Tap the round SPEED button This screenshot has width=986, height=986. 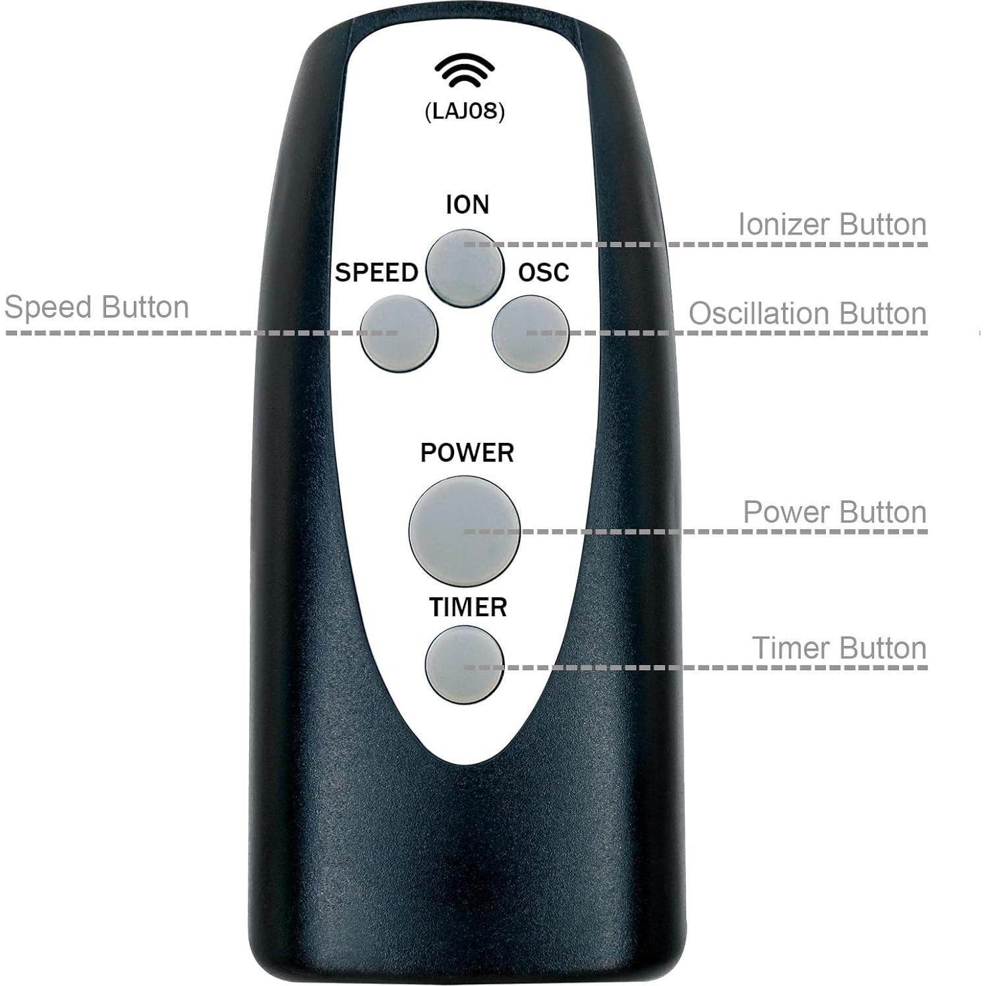(399, 333)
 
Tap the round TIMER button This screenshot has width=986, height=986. (464, 663)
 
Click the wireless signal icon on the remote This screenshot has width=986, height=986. (465, 71)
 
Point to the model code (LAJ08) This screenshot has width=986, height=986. (465, 111)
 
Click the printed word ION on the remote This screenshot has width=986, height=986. (467, 205)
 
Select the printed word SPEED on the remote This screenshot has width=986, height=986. (376, 272)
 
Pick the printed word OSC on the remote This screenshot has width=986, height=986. (543, 272)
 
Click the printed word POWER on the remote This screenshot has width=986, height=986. (467, 453)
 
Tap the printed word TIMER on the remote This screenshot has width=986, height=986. (468, 607)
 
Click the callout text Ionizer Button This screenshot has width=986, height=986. (832, 225)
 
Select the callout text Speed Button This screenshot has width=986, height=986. (96, 308)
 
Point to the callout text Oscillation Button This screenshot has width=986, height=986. (807, 314)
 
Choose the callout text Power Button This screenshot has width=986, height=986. (834, 512)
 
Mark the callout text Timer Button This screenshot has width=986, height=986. (839, 648)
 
